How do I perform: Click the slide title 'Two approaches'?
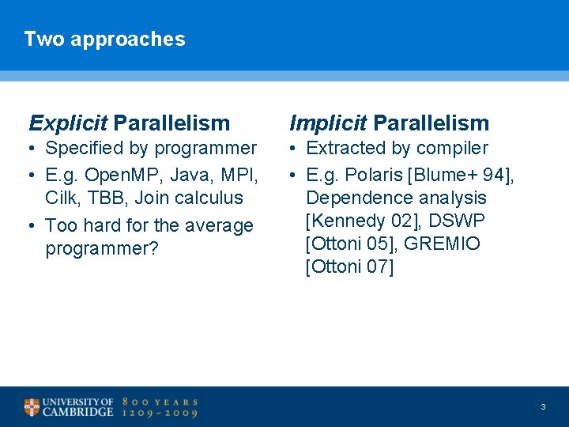(104, 39)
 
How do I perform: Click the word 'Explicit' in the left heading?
(68, 123)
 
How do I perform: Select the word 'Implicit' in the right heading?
(328, 123)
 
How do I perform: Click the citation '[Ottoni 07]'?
(349, 267)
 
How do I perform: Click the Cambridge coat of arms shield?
(32, 407)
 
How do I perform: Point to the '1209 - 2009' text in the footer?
(159, 413)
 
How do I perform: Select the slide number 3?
(543, 406)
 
